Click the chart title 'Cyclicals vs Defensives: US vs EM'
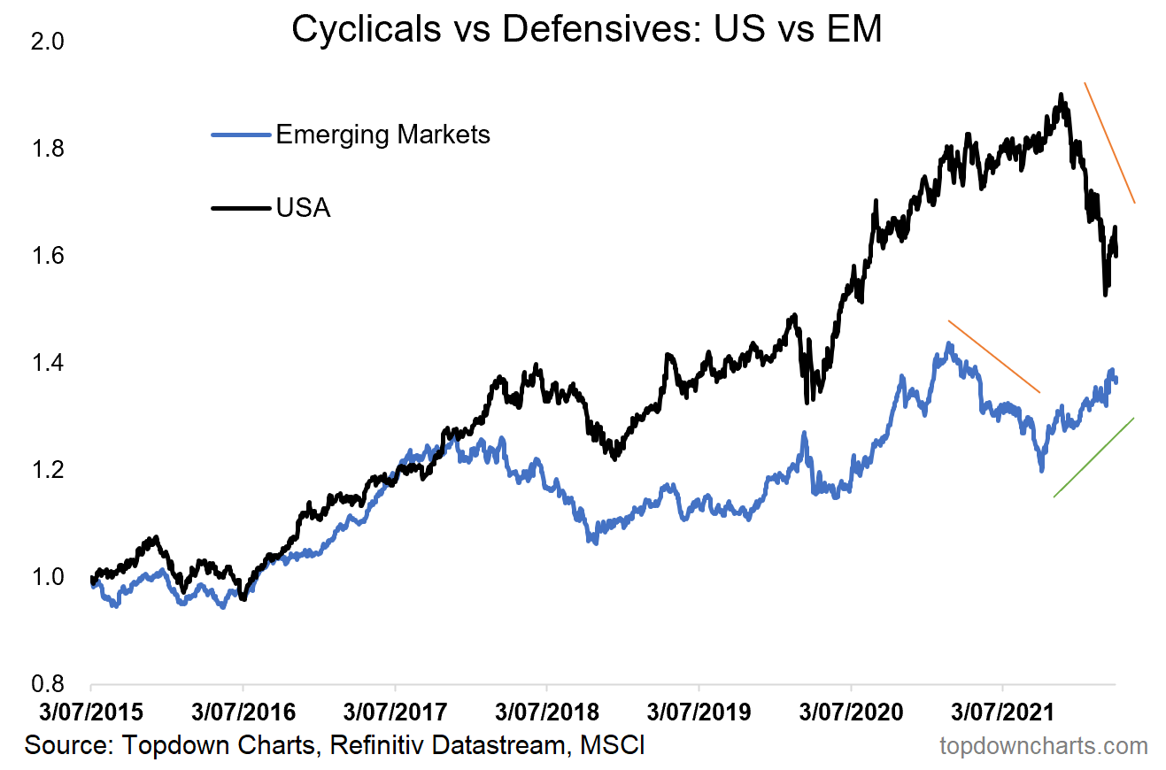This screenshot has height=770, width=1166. pyautogui.click(x=586, y=29)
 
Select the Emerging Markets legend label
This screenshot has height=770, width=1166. pyautogui.click(x=382, y=135)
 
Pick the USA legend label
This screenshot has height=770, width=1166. pyautogui.click(x=303, y=209)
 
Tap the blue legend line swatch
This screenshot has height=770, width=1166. pyautogui.click(x=240, y=135)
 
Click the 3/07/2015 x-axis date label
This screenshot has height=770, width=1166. pyautogui.click(x=90, y=711)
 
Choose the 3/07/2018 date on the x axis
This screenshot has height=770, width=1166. pyautogui.click(x=546, y=711)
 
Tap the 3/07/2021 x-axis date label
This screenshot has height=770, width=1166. pyautogui.click(x=1002, y=711)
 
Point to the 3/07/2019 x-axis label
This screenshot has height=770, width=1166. pyautogui.click(x=699, y=711)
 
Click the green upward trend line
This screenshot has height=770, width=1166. pyautogui.click(x=1093, y=458)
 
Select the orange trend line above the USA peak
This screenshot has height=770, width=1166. pyautogui.click(x=1109, y=142)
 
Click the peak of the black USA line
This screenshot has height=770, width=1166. pyautogui.click(x=1060, y=95)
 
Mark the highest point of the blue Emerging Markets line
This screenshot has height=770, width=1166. pyautogui.click(x=949, y=343)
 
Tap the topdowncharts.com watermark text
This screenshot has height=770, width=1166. pyautogui.click(x=1043, y=746)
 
